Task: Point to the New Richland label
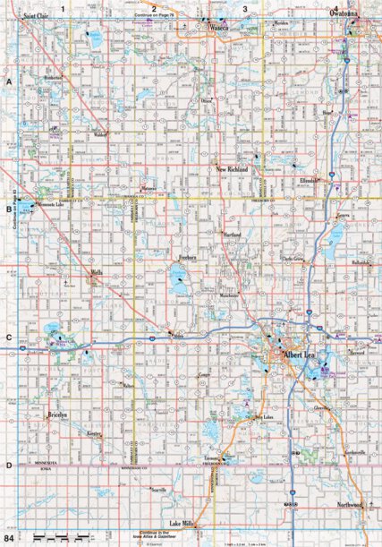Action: [x=235, y=167]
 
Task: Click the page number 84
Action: [x=9, y=539]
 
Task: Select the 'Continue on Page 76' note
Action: [x=154, y=16]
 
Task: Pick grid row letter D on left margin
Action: [x=7, y=466]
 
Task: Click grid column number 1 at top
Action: [x=63, y=8]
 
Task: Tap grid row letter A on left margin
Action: [x=7, y=81]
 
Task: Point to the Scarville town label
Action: [x=158, y=491]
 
